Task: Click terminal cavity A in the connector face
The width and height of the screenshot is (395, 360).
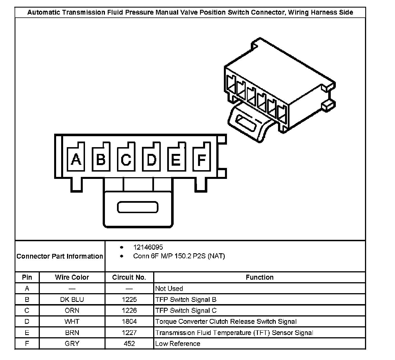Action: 76,159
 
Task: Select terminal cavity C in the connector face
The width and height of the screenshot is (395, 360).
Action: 126,159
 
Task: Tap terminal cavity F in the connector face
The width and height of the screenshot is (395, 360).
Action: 201,159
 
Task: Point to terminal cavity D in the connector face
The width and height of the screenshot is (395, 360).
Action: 151,159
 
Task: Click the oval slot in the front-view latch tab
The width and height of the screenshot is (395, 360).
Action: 137,207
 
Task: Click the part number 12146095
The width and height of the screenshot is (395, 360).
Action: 148,247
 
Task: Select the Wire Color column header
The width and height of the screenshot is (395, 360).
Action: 72,277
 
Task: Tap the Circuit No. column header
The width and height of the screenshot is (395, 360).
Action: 129,277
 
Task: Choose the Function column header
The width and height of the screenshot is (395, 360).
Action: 259,277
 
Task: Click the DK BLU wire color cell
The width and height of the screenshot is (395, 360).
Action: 72,300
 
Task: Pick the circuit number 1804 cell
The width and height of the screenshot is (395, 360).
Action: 129,322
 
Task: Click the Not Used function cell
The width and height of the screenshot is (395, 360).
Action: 169,289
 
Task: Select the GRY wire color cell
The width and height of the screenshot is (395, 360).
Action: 72,344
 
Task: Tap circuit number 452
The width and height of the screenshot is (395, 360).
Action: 129,344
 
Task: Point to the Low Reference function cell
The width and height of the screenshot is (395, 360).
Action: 178,344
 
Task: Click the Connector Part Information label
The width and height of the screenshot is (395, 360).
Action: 60,256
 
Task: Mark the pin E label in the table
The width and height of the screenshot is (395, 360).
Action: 27,333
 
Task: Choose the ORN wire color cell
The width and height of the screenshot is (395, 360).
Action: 72,311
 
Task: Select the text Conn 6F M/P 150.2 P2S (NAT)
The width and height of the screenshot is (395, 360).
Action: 179,256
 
